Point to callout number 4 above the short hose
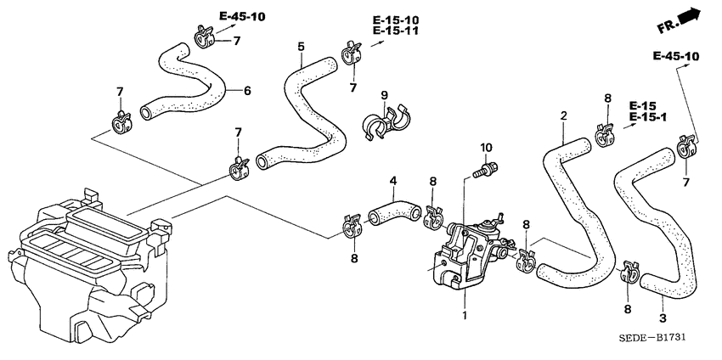(392, 181)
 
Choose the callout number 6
(247, 90)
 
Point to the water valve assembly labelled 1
(463, 250)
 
